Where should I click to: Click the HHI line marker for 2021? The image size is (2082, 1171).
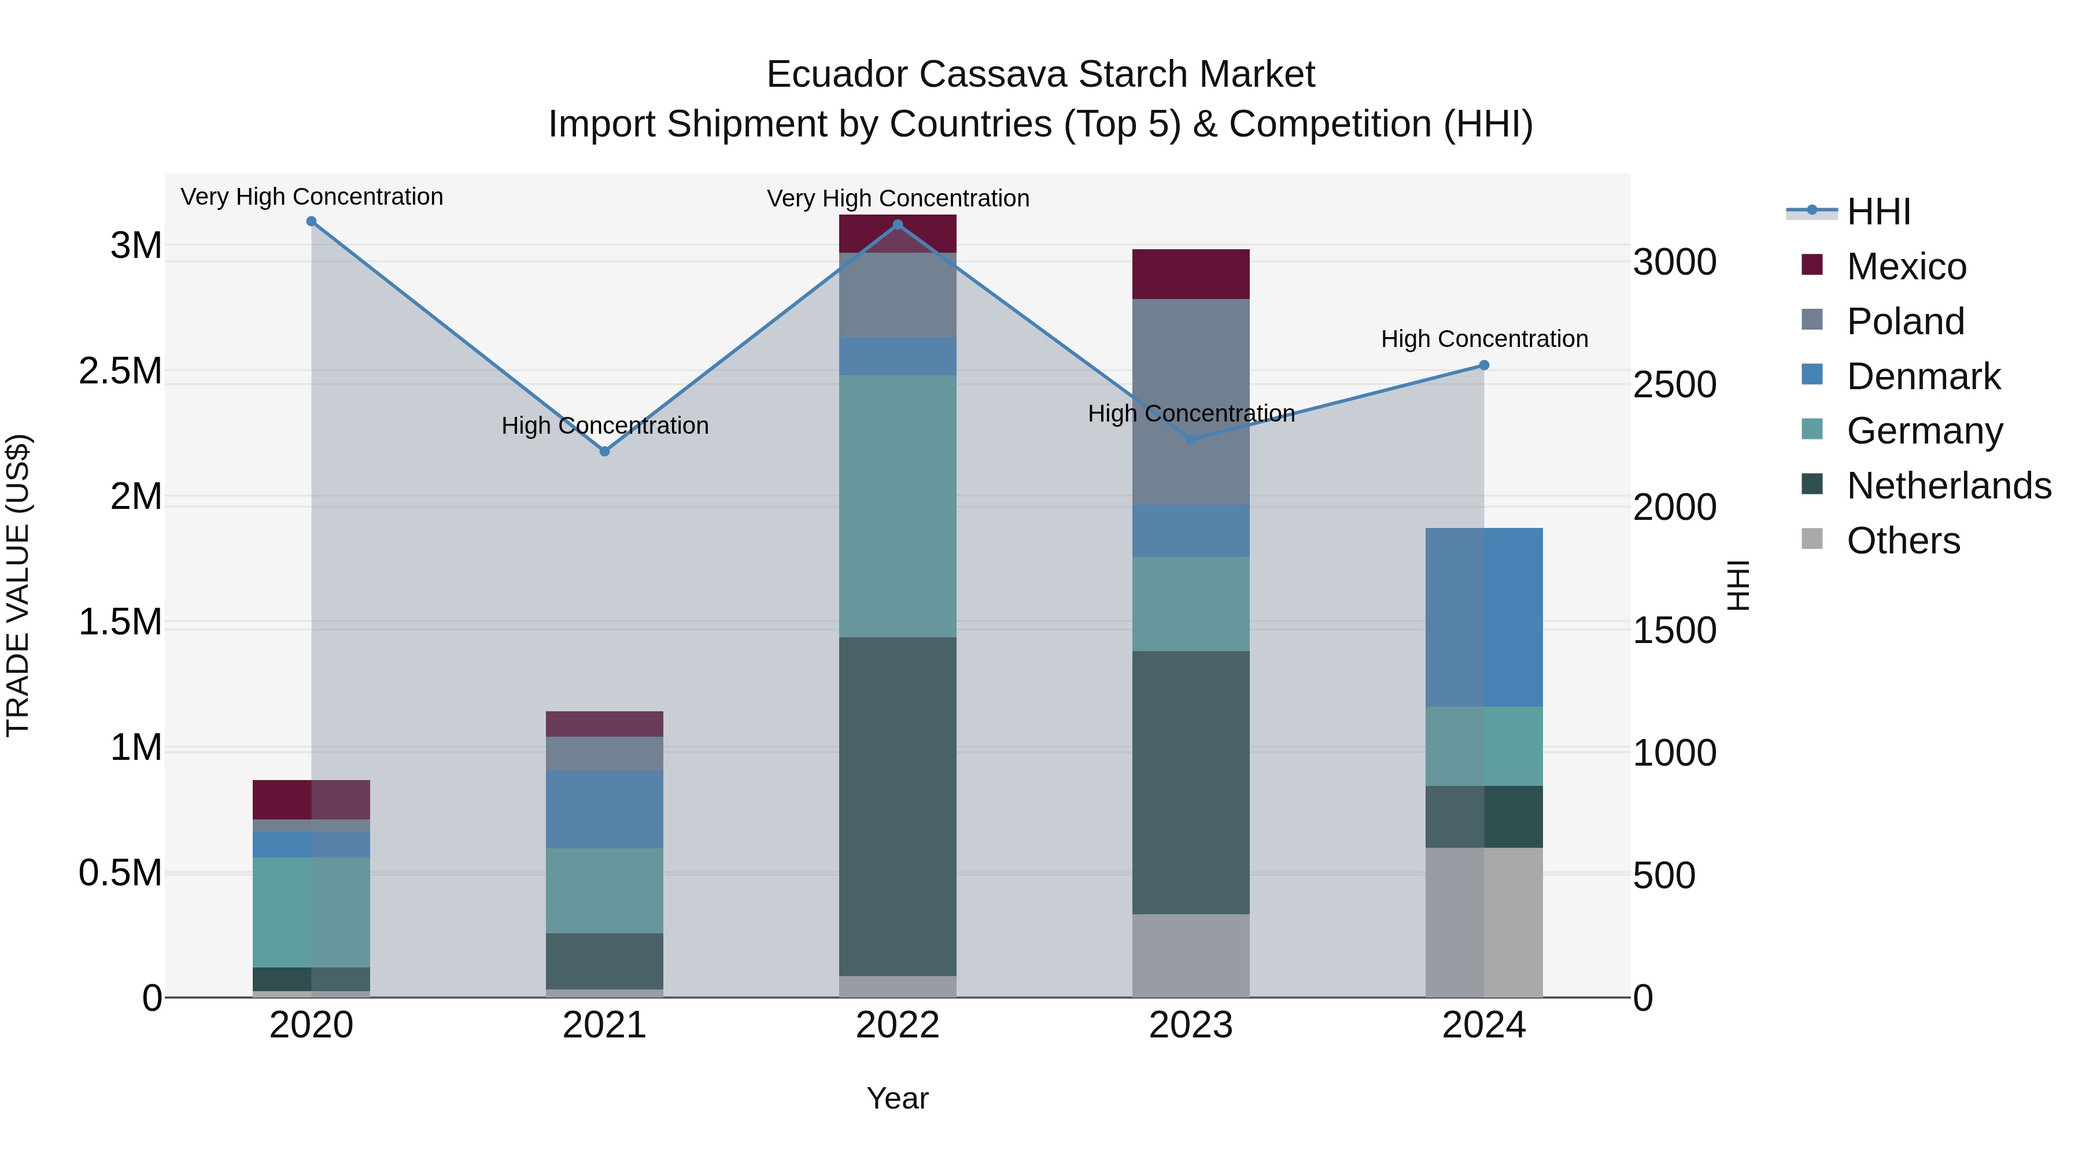tap(604, 451)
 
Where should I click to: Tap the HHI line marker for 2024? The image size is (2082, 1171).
tap(1484, 365)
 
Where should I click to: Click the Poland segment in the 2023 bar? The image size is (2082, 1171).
tap(1191, 402)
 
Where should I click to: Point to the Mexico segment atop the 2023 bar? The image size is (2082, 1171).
tap(1191, 274)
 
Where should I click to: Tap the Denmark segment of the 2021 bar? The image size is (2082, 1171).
tap(604, 809)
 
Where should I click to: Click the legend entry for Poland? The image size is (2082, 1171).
tap(1904, 321)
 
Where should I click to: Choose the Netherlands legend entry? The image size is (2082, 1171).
tap(1948, 486)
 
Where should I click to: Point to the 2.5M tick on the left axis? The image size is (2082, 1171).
tap(120, 371)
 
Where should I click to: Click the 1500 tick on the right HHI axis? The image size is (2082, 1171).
tap(1674, 630)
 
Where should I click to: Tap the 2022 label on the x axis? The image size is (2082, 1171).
tap(897, 1025)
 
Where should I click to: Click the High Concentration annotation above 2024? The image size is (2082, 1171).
tap(1484, 339)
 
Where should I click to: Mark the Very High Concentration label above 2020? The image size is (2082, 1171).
tap(311, 197)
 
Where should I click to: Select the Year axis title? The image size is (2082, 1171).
tap(897, 1098)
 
